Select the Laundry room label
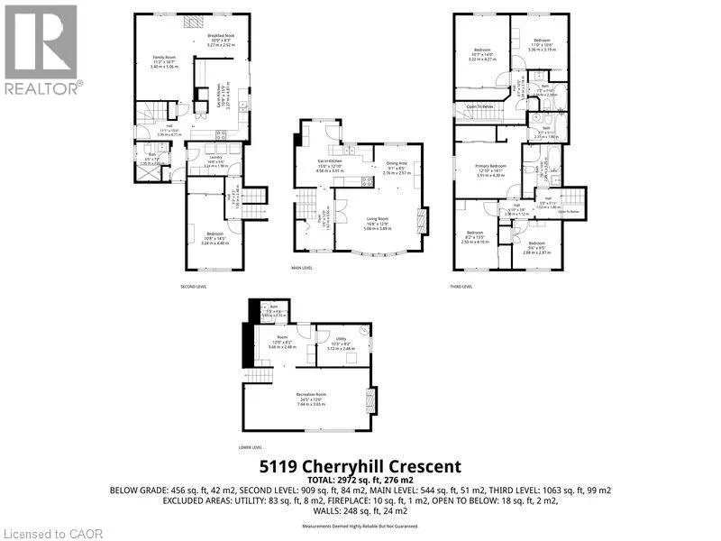[215, 159]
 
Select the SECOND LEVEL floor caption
[194, 286]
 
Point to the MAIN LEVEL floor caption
[301, 268]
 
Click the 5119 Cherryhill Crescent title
[360, 466]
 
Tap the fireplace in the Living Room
[424, 221]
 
